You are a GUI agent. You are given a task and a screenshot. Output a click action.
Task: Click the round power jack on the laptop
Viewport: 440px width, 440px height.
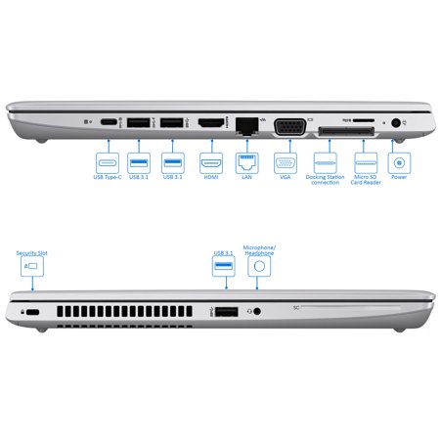(x=396, y=123)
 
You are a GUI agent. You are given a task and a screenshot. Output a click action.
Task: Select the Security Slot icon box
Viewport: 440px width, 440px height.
(x=31, y=266)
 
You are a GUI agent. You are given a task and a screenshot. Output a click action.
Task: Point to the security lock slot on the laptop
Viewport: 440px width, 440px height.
(x=31, y=311)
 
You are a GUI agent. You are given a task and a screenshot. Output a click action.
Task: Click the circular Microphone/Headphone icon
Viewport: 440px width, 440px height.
(x=259, y=265)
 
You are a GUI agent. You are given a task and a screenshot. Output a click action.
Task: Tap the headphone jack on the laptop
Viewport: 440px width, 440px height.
(x=257, y=311)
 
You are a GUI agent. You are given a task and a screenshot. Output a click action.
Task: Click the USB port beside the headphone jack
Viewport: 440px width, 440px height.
(x=227, y=311)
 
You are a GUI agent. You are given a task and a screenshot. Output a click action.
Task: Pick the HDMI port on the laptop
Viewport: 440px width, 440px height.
(x=209, y=122)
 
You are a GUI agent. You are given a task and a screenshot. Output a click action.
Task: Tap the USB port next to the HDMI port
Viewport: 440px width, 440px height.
(x=173, y=122)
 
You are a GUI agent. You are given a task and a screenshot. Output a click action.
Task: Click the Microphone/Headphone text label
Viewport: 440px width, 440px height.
(x=259, y=249)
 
